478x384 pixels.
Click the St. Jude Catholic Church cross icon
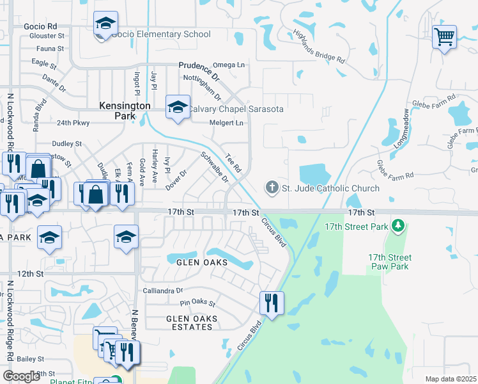click(x=272, y=188)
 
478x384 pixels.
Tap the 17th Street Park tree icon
click(x=399, y=226)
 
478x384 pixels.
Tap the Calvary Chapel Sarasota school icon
click(x=177, y=107)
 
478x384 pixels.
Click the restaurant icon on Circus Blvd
click(x=272, y=303)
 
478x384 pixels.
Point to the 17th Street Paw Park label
click(x=389, y=262)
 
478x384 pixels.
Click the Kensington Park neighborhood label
click(x=125, y=111)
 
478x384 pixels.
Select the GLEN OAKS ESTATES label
click(x=192, y=323)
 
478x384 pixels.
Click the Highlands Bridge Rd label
click(x=320, y=47)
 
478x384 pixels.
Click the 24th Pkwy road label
click(x=73, y=122)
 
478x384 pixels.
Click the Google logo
click(x=21, y=376)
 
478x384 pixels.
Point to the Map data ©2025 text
click(x=451, y=379)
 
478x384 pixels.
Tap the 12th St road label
click(x=29, y=273)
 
